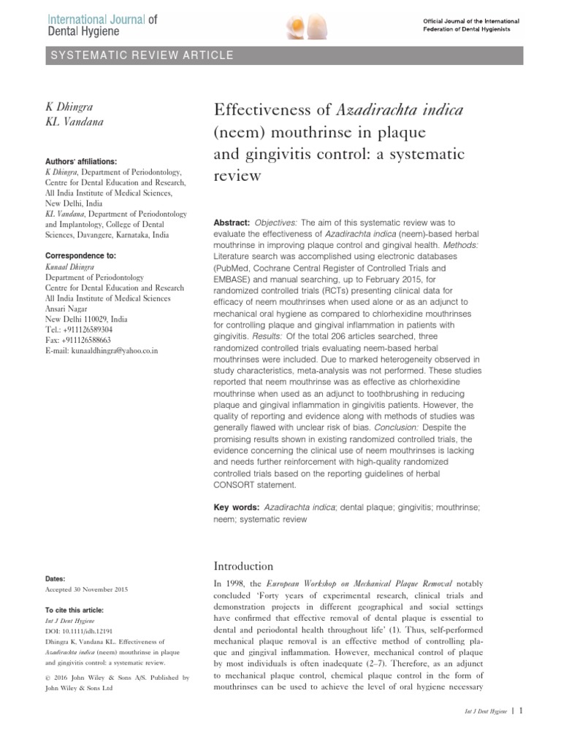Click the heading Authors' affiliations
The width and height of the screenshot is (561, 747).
(x=80, y=161)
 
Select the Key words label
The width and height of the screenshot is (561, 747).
(x=235, y=506)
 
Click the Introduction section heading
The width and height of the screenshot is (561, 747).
(x=243, y=567)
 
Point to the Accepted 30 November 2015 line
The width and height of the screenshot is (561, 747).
(x=85, y=588)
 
